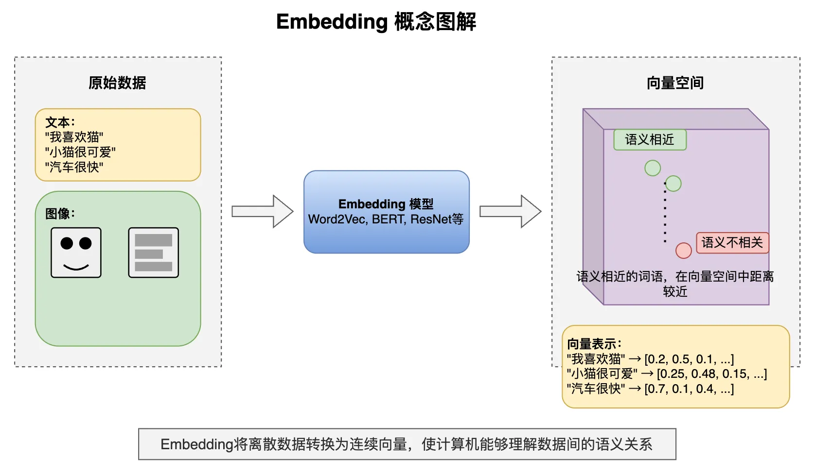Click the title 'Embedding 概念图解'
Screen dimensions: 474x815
pyautogui.click(x=376, y=22)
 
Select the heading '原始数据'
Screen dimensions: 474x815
pyautogui.click(x=117, y=83)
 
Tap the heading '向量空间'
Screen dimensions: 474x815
pyautogui.click(x=675, y=83)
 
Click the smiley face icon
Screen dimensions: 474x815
pyautogui.click(x=76, y=253)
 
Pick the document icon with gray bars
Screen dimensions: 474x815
pyautogui.click(x=154, y=253)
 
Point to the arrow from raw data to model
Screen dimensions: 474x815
pyautogui.click(x=263, y=211)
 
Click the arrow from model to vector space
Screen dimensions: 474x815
pyautogui.click(x=511, y=211)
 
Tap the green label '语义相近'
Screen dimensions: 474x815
pyautogui.click(x=650, y=140)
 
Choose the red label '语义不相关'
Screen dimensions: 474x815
pyautogui.click(x=732, y=243)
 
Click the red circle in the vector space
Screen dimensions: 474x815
pyautogui.click(x=684, y=251)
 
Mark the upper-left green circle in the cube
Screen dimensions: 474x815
pyautogui.click(x=653, y=168)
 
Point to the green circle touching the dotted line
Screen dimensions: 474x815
pyautogui.click(x=673, y=184)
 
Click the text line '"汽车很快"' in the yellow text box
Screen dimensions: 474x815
pyautogui.click(x=74, y=168)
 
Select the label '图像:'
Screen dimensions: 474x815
pyautogui.click(x=60, y=214)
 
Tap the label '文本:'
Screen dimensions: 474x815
pyautogui.click(x=60, y=122)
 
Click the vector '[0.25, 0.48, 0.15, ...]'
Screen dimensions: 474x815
pyautogui.click(x=712, y=374)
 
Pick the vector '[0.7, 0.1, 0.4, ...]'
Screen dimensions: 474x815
pyautogui.click(x=689, y=389)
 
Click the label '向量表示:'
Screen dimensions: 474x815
pyautogui.click(x=594, y=344)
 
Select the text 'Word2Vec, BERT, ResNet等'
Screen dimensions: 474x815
pyautogui.click(x=386, y=220)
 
